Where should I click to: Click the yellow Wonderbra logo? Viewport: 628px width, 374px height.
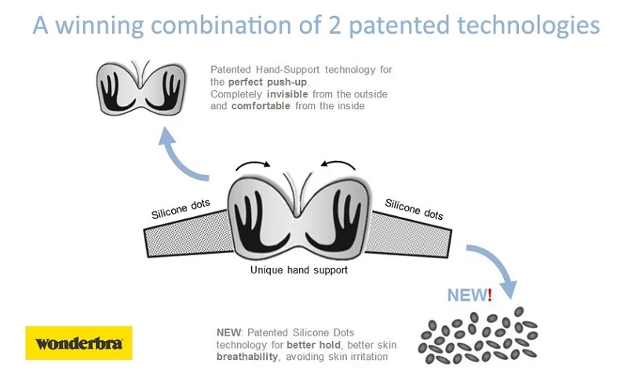(x=79, y=343)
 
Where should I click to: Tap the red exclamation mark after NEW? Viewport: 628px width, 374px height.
(x=490, y=295)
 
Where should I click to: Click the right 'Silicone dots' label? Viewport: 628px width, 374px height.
(x=414, y=209)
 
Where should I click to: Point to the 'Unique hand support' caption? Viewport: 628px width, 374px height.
(x=298, y=270)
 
